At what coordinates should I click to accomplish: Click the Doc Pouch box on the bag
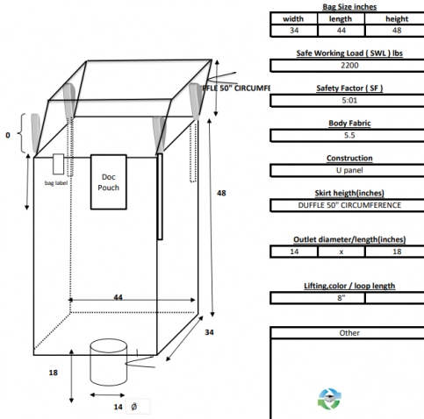tap(110, 181)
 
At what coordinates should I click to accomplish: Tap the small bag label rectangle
tap(58, 163)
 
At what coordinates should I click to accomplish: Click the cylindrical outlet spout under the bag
tap(110, 361)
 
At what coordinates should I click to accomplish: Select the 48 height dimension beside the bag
tap(222, 192)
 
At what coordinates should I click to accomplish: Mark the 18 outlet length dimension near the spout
tap(54, 373)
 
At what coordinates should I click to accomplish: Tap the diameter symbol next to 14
tap(134, 408)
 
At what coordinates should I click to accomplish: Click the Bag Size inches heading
tap(341, 6)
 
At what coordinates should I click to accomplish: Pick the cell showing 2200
tap(342, 65)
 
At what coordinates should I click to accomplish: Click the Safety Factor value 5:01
tap(342, 100)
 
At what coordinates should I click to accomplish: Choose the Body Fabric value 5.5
tap(342, 135)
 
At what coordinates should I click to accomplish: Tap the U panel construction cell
tap(342, 170)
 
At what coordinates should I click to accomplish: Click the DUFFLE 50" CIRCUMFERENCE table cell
tap(342, 205)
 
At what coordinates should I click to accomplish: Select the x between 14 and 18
tap(341, 251)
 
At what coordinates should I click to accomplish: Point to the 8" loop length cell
tap(317, 298)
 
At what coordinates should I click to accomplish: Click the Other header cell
tap(349, 333)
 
